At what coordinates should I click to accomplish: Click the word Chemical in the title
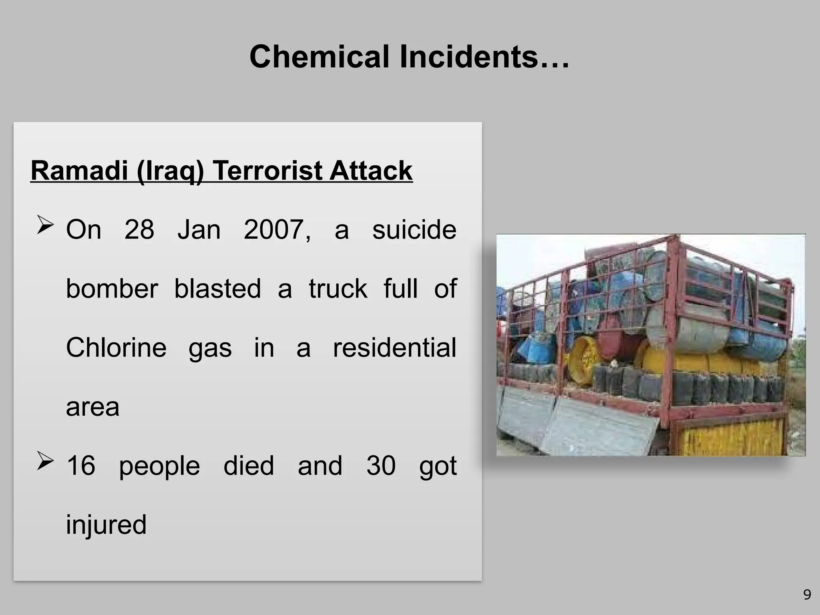coord(319,57)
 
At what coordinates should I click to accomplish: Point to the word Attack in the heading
coord(371,171)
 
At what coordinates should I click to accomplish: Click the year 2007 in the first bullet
coord(277,230)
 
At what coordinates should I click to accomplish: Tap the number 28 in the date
coord(139,230)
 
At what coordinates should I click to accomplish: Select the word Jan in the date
coord(199,230)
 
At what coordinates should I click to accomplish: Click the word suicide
coord(414,230)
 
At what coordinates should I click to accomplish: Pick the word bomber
coord(112,289)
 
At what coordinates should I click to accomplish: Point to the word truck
coord(338,289)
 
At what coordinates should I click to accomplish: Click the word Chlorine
coord(116,348)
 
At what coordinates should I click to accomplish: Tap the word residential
coord(394,348)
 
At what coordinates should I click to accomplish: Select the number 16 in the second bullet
coord(81,466)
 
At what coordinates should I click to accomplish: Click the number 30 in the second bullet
coord(381,466)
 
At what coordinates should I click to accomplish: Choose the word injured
coord(106,525)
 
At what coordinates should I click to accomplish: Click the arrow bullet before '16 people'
coord(45,461)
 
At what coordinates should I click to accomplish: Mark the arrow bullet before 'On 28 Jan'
coord(45,225)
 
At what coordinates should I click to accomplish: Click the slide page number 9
coord(807,595)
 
